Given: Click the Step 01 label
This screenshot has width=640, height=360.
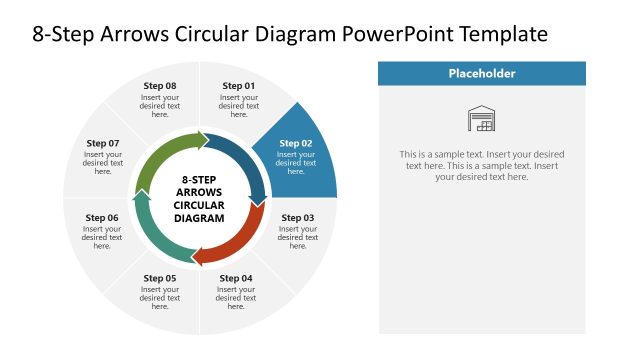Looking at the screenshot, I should (238, 86).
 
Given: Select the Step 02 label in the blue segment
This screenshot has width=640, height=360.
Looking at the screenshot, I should (295, 143).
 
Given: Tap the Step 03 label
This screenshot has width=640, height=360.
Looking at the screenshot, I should (297, 217).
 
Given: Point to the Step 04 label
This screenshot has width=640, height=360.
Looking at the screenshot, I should (236, 277).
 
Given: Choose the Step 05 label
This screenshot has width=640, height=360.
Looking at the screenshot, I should (160, 277).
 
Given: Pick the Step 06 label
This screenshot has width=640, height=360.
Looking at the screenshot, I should (102, 217).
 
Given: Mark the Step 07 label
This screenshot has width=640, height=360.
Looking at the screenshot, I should (103, 143).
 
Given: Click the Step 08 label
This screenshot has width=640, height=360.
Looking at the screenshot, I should (160, 86).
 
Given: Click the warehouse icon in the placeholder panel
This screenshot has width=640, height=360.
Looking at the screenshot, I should (482, 119).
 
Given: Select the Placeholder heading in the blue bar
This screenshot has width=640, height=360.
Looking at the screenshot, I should (482, 73).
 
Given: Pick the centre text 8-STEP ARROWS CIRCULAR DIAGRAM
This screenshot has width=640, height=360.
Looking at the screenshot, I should (200, 198).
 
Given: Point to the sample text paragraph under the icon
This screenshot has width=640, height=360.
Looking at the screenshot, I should (482, 165).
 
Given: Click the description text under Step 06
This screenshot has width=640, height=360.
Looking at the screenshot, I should (102, 238).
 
